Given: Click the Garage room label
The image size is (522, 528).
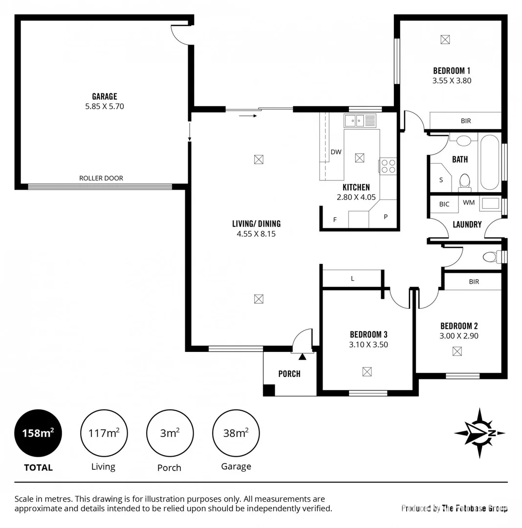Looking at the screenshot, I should coord(105,96).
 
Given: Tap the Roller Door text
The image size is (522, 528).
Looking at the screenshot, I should coord(101,178).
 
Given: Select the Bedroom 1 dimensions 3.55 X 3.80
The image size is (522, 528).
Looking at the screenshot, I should coord(452,81).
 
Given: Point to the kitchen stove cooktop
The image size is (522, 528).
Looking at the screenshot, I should coord(389,166).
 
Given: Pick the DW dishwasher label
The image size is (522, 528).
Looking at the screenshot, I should coord(336,152).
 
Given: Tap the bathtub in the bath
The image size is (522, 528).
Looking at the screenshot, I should coord(489,162).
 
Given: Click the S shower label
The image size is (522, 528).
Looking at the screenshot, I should coord(441,180).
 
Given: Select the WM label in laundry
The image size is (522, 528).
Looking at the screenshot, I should coord(468,202).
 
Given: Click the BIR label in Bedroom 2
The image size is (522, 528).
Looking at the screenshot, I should coord(474,282).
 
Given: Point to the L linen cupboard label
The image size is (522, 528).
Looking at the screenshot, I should coord(352,279).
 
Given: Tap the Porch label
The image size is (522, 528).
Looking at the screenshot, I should coord(289,374).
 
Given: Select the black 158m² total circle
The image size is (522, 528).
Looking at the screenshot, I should coord(38,433).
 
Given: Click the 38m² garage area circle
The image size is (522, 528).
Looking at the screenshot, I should coord(236,433).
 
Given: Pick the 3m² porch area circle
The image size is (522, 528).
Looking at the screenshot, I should coord(170,433).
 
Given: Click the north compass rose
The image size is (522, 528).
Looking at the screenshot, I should coord(479,433).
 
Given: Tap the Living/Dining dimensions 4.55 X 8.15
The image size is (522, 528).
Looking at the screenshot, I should coord(256,234).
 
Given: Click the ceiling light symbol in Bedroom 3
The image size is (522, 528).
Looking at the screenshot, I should coord(367,372).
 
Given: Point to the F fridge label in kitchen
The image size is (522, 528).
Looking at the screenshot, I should coord(335,220).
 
